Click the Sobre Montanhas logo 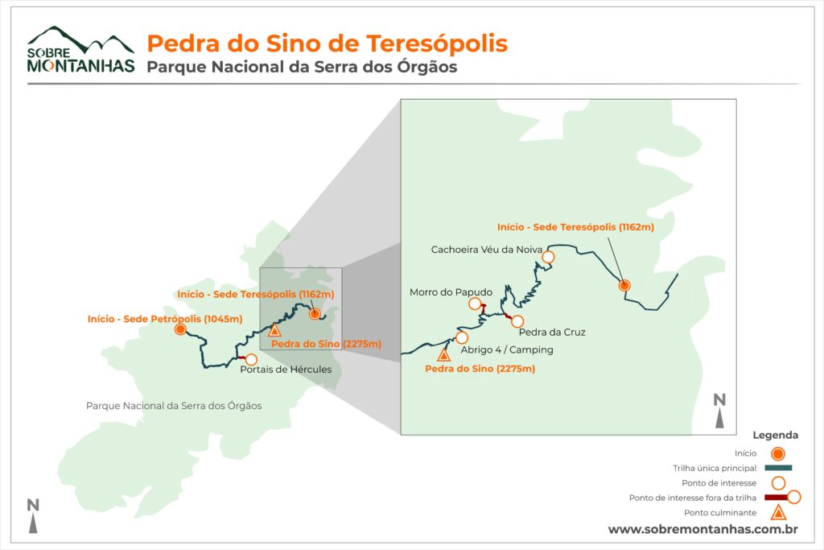coord(80,50)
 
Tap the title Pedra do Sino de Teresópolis coord(327,43)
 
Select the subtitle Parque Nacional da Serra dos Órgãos coord(302,67)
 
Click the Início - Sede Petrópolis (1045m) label coord(165,319)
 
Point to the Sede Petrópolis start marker coord(180,329)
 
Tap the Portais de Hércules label coord(286,370)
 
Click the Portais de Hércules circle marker coord(251,359)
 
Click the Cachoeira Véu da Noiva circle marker coord(549,257)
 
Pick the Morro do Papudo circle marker coord(476,304)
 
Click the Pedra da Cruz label coord(552,332)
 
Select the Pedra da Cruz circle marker coord(518,321)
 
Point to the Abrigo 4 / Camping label coord(507,350)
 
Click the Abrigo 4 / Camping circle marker coord(462,337)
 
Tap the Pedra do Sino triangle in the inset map coord(443,353)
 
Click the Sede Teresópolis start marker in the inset coord(624,285)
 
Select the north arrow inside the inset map coord(720,411)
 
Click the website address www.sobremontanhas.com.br coord(702,529)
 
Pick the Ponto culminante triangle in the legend coord(778,513)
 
